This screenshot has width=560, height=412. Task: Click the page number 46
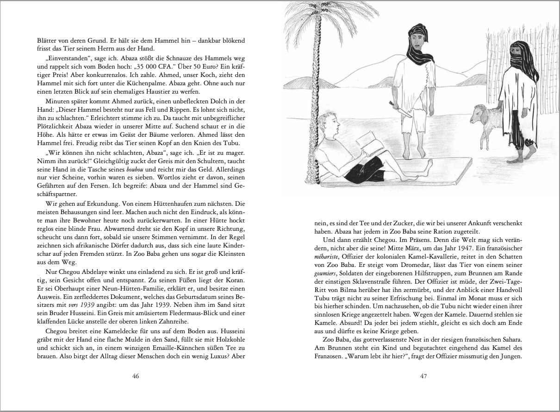(x=136, y=376)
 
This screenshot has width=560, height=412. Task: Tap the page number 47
(x=423, y=376)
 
